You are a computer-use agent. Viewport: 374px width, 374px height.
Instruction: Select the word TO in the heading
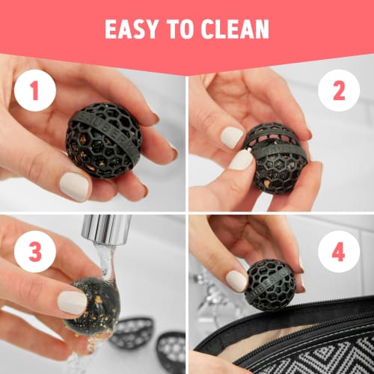tap(178, 29)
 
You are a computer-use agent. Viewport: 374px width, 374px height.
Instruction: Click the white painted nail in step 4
tap(237, 280)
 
